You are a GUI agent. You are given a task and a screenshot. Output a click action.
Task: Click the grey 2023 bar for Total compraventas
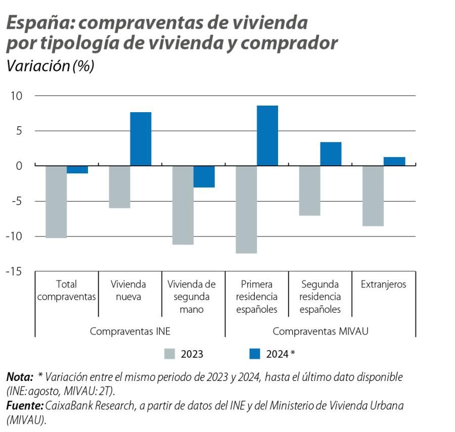tap(56, 202)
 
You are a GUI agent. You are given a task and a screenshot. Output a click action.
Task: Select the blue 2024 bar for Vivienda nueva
tap(141, 139)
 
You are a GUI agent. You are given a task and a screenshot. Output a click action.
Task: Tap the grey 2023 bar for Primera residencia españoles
tap(246, 209)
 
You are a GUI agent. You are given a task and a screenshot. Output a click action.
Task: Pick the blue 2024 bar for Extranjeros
tap(394, 161)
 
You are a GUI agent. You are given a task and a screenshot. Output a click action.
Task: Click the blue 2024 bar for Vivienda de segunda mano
tap(204, 176)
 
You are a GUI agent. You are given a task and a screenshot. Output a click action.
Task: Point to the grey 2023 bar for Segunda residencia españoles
tap(309, 190)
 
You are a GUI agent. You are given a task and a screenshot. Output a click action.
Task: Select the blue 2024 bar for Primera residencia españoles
tap(267, 135)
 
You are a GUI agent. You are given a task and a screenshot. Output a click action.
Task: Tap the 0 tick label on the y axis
tap(19, 166)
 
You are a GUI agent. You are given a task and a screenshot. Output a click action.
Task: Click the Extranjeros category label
tap(383, 284)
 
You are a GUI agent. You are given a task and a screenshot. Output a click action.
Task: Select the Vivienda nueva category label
tap(128, 291)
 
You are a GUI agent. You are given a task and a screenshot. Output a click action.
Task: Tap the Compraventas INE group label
tap(130, 331)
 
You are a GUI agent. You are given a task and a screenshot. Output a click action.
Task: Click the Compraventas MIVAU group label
tap(320, 331)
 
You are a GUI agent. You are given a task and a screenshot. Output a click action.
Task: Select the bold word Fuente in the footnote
tap(24, 406)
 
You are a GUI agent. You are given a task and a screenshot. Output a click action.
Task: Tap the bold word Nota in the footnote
tap(18, 377)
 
